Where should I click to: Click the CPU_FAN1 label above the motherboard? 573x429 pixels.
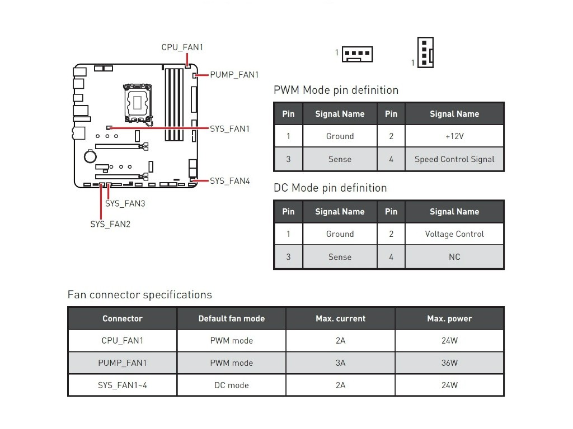click(182, 47)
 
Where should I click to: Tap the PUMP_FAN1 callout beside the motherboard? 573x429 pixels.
click(234, 74)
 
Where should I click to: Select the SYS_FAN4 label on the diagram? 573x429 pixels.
click(229, 181)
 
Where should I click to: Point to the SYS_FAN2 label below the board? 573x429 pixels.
click(110, 224)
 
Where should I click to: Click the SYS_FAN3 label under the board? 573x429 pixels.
click(125, 203)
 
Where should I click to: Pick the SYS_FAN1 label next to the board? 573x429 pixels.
click(229, 129)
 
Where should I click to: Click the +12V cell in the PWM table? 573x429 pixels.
click(454, 136)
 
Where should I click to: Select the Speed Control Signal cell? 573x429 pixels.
click(454, 159)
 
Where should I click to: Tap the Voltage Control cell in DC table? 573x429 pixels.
click(454, 234)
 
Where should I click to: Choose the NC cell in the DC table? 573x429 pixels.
click(454, 257)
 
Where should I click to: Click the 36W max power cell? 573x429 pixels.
click(449, 363)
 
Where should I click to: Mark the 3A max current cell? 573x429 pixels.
click(340, 363)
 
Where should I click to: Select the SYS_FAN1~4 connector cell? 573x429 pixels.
click(122, 385)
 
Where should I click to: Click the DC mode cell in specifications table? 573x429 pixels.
click(231, 385)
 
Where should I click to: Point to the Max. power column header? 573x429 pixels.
click(449, 319)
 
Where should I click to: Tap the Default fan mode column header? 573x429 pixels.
click(231, 319)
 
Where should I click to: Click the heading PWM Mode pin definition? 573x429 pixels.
click(336, 90)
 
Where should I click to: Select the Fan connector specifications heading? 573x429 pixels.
click(139, 295)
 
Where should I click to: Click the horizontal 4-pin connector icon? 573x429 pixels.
click(358, 54)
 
